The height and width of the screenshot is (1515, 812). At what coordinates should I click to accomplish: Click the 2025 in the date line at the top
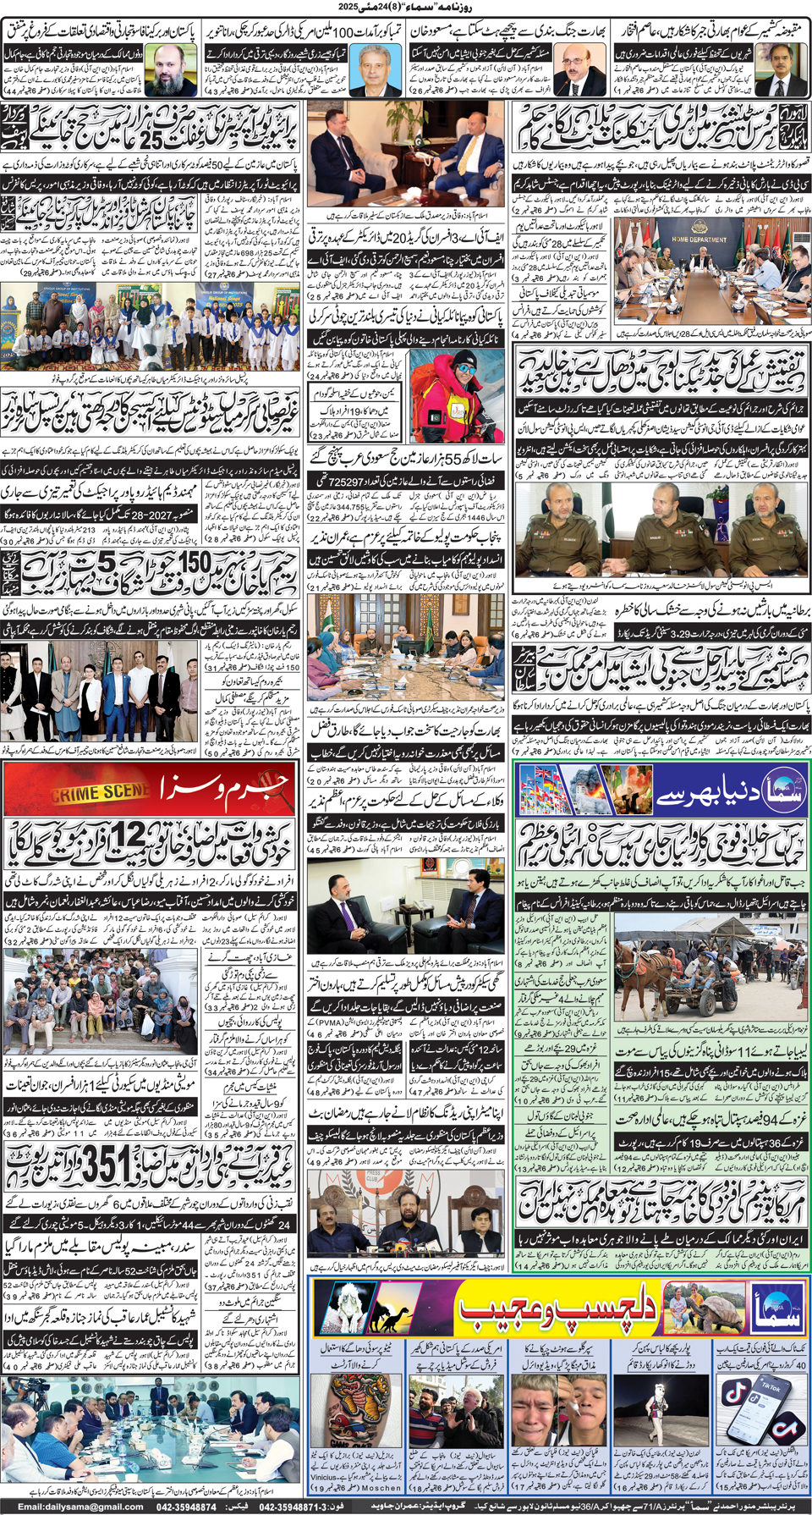348,7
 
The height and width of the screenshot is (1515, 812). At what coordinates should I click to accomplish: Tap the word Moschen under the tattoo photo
381,1487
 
